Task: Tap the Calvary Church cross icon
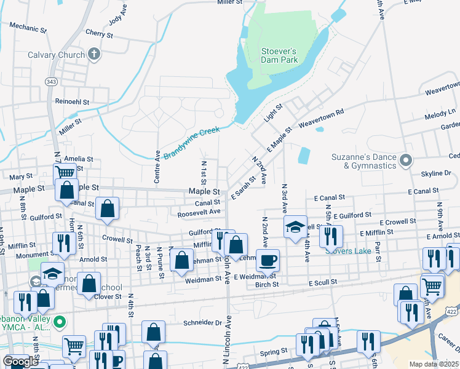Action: click(x=93, y=55)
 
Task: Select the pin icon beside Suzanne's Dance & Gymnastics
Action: click(x=405, y=161)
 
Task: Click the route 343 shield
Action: click(x=52, y=82)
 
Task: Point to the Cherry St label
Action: click(x=100, y=33)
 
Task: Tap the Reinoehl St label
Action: click(x=73, y=101)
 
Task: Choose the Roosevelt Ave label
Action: click(x=199, y=212)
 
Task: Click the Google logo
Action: click(x=20, y=362)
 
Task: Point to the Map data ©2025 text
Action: click(x=434, y=364)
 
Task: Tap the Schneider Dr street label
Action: click(x=200, y=322)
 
